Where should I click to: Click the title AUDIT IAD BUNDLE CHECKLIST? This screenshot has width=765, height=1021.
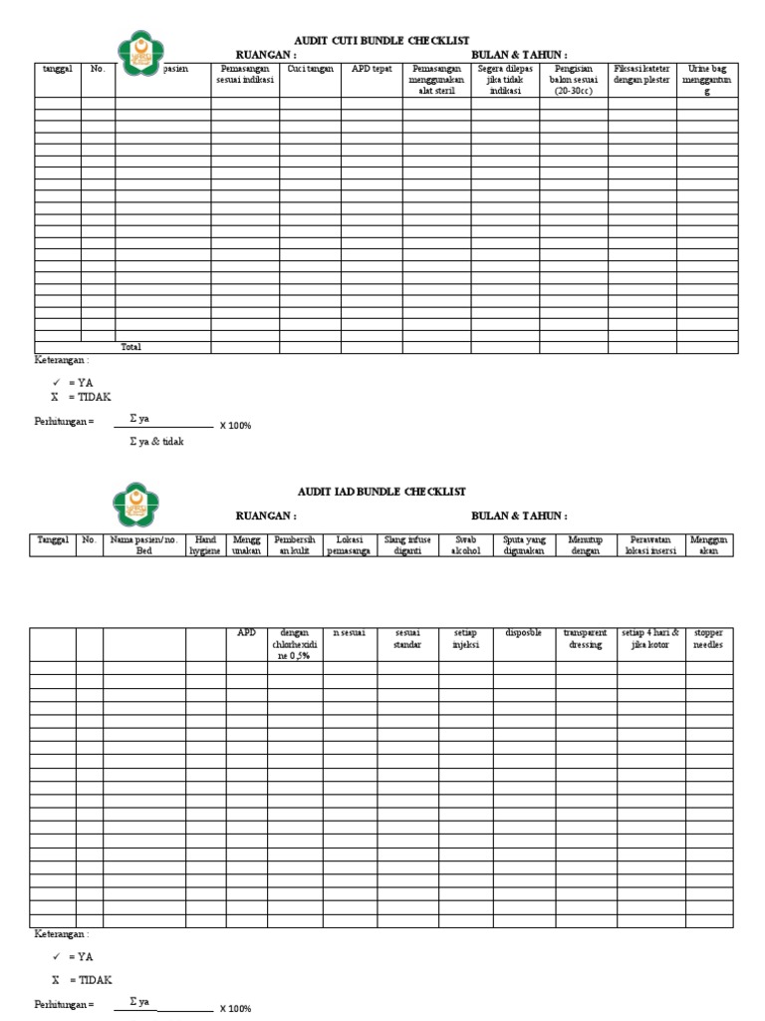click(x=382, y=492)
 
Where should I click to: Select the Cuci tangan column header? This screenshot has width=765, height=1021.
click(x=310, y=69)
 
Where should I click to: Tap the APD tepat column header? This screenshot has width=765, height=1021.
click(x=372, y=69)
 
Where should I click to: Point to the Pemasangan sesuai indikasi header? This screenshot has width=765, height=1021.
click(x=244, y=74)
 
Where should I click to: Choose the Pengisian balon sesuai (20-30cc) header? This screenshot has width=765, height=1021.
click(x=574, y=79)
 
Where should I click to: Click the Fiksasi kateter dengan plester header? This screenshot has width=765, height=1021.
click(x=642, y=74)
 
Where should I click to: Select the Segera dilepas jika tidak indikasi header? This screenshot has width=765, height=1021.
click(x=505, y=79)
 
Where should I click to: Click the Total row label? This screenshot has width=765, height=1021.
click(x=131, y=347)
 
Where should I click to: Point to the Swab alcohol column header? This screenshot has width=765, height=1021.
click(x=465, y=544)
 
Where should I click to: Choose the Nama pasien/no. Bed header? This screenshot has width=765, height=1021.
click(x=144, y=544)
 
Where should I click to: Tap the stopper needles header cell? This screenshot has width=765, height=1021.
click(x=709, y=638)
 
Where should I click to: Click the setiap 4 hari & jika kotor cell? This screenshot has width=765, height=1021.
click(x=649, y=638)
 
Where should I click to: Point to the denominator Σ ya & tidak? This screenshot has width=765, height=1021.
click(x=157, y=441)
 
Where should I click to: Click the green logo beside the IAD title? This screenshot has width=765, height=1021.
click(x=140, y=503)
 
